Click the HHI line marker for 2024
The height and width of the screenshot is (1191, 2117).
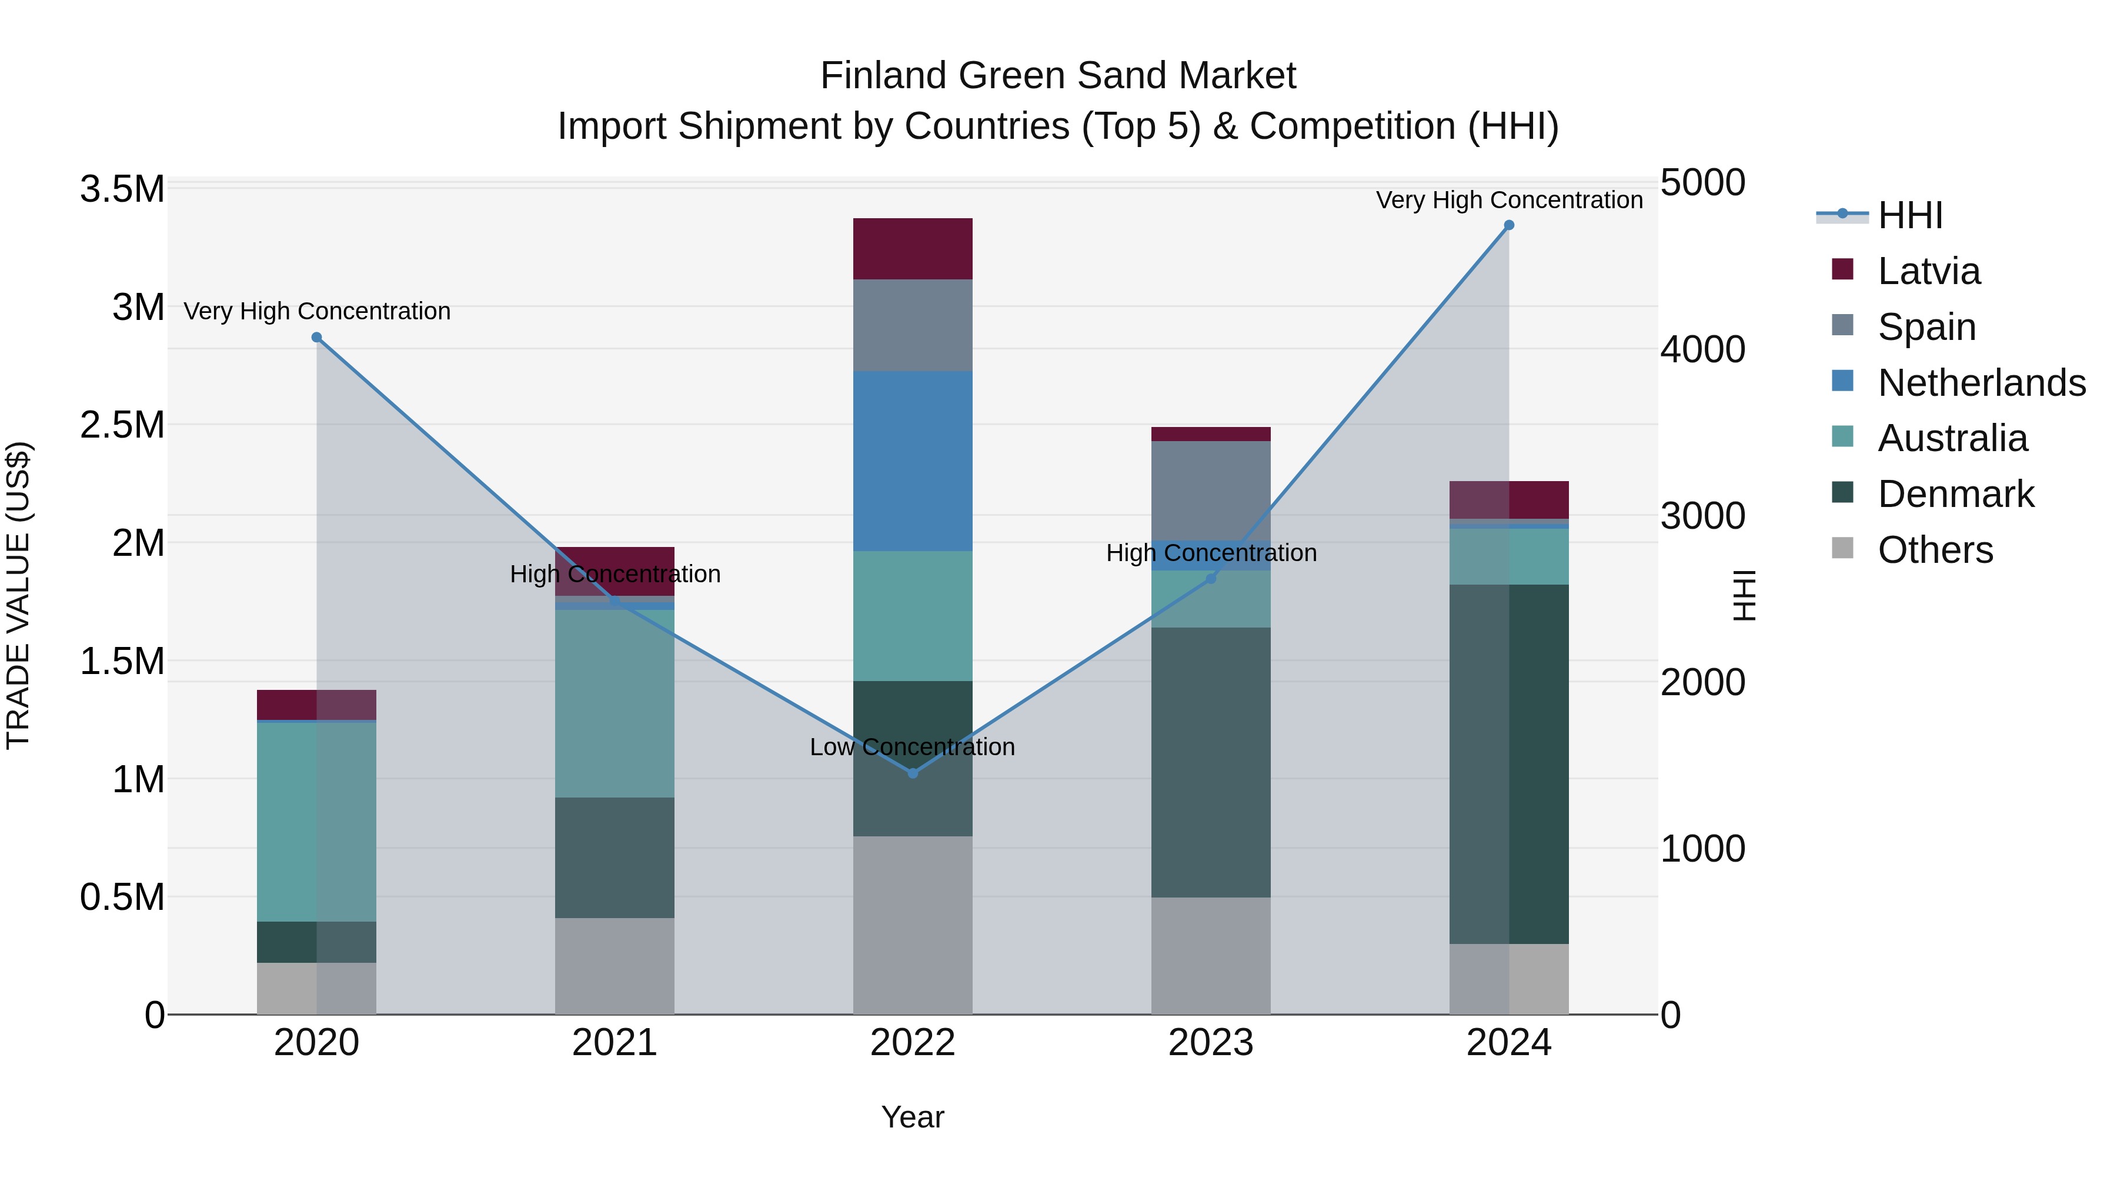click(1509, 225)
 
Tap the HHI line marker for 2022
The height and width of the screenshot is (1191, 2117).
click(912, 773)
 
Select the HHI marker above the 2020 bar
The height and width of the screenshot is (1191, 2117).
click(316, 338)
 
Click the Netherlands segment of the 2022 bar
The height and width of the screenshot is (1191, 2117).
click(912, 461)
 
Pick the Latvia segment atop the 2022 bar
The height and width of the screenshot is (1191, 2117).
click(912, 249)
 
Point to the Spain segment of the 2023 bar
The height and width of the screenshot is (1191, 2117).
click(1211, 491)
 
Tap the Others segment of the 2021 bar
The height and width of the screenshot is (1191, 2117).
click(615, 966)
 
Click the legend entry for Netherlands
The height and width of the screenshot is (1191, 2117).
click(1981, 383)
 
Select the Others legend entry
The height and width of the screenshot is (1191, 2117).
click(1935, 550)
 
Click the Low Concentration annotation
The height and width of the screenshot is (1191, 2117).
click(912, 747)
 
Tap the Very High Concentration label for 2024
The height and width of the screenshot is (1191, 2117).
click(1509, 201)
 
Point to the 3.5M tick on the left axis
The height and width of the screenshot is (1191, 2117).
click(122, 190)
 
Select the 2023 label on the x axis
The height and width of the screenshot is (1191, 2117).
click(1211, 1043)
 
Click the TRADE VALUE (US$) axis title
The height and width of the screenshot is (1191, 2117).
click(19, 595)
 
